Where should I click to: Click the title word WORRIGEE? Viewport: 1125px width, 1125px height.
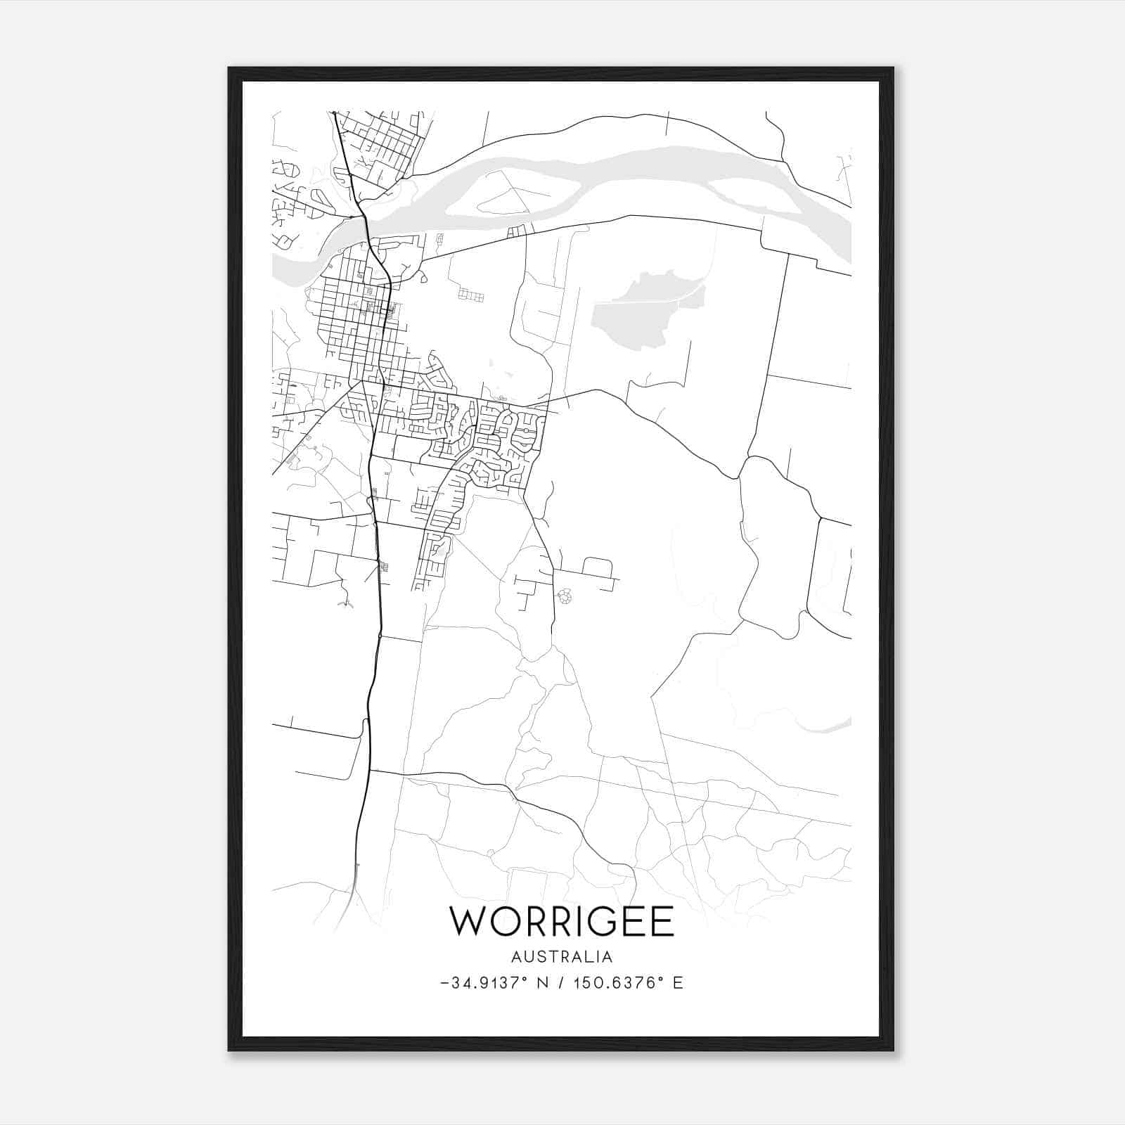pyautogui.click(x=562, y=922)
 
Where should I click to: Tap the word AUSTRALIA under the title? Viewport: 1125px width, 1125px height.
pyautogui.click(x=562, y=957)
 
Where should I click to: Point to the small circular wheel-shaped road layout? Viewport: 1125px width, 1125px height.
pyautogui.click(x=564, y=597)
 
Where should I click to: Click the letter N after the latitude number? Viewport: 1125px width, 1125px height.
pyautogui.click(x=541, y=983)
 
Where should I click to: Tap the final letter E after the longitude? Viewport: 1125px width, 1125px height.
pyautogui.click(x=678, y=983)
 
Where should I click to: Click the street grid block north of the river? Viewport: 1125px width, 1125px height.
pyautogui.click(x=380, y=144)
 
